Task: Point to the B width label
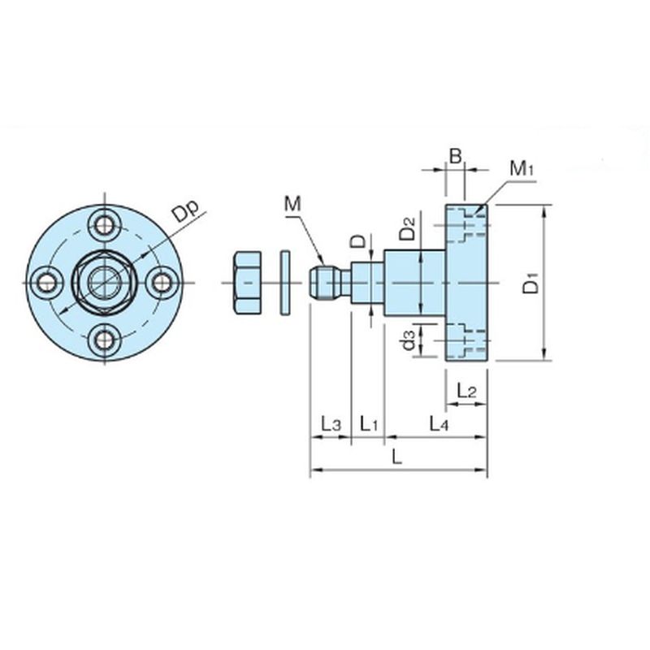[456, 154]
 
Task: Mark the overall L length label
[397, 457]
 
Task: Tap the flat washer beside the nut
[284, 282]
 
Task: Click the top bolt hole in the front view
[104, 223]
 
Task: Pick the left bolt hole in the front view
[45, 282]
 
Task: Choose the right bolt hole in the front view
[162, 282]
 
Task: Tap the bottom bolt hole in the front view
[104, 340]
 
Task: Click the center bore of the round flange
[103, 282]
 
